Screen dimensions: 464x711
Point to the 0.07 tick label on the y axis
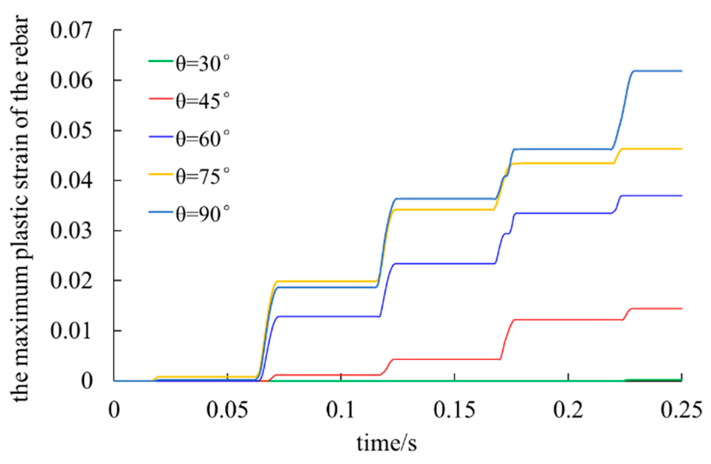click(71, 30)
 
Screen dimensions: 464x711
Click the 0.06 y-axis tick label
click(71, 80)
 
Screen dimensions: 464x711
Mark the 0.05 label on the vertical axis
click(71, 130)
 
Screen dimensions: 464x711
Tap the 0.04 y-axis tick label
click(71, 180)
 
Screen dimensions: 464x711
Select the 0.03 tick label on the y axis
click(71, 230)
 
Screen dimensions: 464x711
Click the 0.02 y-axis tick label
click(71, 280)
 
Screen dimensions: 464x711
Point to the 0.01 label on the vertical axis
click(71, 331)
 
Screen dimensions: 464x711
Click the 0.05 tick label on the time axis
click(227, 410)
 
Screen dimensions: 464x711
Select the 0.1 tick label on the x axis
click(340, 410)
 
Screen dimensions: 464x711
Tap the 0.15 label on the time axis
click(455, 410)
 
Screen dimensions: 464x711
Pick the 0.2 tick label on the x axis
click(568, 410)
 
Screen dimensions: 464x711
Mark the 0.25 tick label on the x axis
click(681, 410)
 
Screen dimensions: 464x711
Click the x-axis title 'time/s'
click(386, 443)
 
